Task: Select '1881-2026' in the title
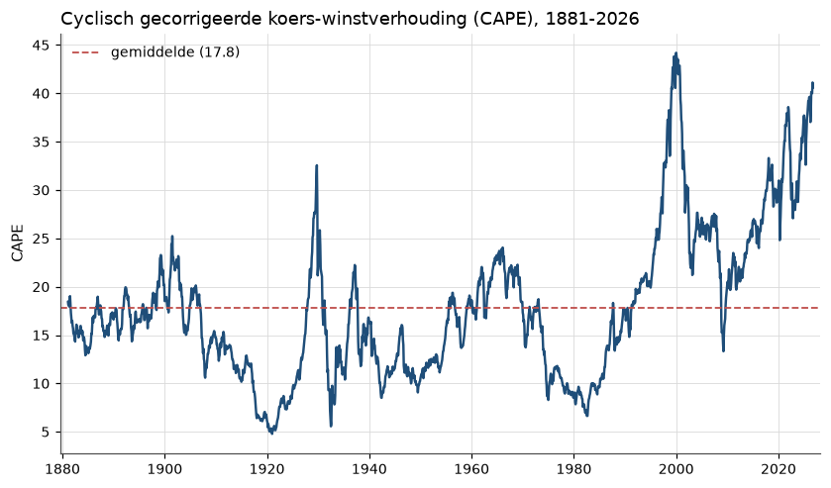coord(592,19)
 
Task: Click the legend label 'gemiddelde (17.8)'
coord(175,52)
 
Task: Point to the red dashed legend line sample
coord(85,52)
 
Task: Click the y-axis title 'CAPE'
coord(18,244)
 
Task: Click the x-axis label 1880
coord(62,469)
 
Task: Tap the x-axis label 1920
coord(267,469)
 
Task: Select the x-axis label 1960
coord(471,469)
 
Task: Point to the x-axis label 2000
coord(676,469)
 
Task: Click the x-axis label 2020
coord(779,469)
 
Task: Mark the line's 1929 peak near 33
coord(316,166)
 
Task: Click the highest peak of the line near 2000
coord(675,53)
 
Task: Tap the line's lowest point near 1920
coord(271,434)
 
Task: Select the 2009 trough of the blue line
coord(723,350)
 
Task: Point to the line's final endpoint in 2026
coord(812,84)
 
